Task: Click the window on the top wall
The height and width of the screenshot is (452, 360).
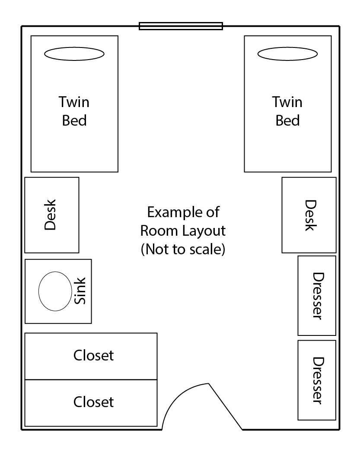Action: pos(181,26)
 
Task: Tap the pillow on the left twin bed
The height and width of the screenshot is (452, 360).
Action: pos(74,54)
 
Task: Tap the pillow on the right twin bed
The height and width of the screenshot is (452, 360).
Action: pos(287,54)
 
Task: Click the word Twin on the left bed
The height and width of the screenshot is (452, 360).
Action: pos(74,102)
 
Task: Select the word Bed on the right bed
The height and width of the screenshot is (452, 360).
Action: pos(287,120)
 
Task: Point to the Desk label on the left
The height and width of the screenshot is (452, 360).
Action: pos(50,215)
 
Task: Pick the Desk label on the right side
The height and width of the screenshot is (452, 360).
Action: pos(311,215)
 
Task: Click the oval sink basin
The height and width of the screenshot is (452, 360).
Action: pos(55,291)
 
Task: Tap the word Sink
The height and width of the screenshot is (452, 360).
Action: pos(80,291)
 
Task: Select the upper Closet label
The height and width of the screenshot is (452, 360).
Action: pos(93,355)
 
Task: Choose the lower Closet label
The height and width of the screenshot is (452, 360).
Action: pos(93,402)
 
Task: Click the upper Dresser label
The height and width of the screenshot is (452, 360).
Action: pos(319,296)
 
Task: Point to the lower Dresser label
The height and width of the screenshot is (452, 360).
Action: pos(319,381)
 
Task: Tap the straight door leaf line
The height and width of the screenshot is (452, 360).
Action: pos(225,406)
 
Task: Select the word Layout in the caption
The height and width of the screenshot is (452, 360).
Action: pos(204,231)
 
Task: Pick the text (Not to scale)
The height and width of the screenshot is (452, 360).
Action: pos(183,250)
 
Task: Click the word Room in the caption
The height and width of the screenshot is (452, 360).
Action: pos(159,231)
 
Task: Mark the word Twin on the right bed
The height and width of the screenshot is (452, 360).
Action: pos(287,102)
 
